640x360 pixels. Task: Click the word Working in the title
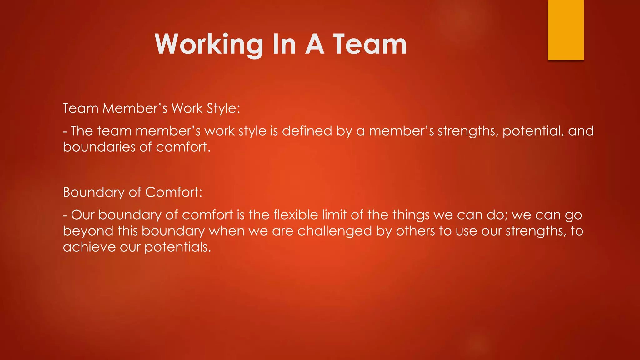tap(209, 44)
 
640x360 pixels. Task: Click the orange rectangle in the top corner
tap(566, 30)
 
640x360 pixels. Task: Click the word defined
tap(307, 131)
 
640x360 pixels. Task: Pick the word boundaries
tap(99, 147)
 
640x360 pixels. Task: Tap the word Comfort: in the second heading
tap(174, 192)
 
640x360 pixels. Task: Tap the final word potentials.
tap(177, 247)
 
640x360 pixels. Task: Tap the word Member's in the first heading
tap(135, 108)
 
